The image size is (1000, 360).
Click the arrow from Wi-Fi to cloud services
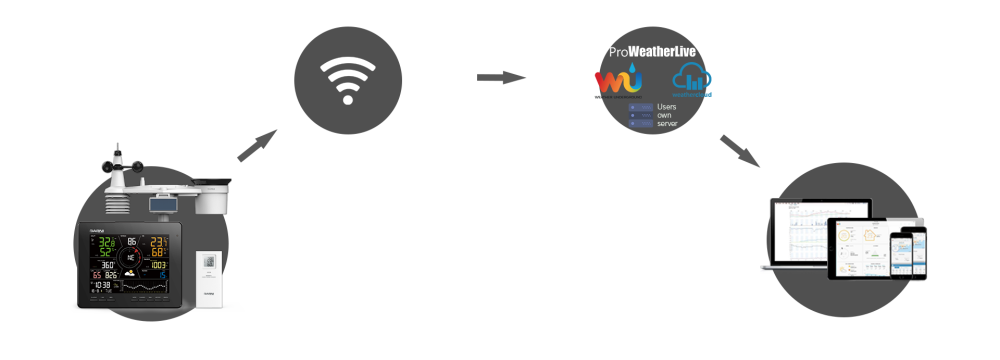click(501, 77)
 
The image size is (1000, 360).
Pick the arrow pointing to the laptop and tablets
click(739, 149)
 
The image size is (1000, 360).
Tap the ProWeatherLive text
click(653, 51)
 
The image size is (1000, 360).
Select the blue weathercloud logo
click(692, 79)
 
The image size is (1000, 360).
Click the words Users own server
click(667, 115)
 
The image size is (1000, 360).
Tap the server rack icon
click(640, 115)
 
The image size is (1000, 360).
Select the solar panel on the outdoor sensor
click(163, 205)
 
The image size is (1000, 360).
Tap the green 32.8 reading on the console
click(107, 242)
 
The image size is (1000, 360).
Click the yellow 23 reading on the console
click(158, 242)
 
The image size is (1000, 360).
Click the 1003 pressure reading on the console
click(160, 265)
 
